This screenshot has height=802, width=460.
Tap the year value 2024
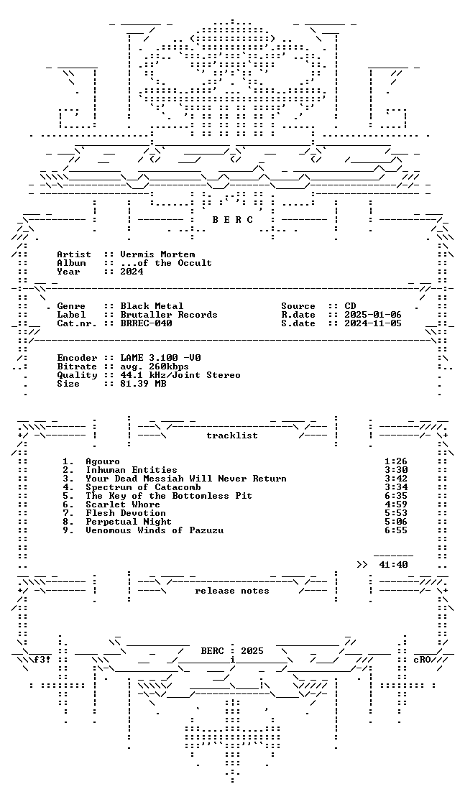(x=132, y=272)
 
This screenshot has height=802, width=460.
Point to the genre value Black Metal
(x=152, y=306)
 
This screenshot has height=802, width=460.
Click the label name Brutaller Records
(x=169, y=315)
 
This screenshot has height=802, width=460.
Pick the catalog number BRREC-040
(x=146, y=323)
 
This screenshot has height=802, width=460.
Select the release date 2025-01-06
(x=373, y=315)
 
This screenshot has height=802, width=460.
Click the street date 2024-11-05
(x=373, y=323)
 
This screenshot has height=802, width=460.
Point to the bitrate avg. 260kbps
(x=155, y=367)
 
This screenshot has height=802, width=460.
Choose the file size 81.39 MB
(x=143, y=384)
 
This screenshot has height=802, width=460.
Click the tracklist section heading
(x=231, y=435)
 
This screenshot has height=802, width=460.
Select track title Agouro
(x=103, y=461)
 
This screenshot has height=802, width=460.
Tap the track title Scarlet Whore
(x=123, y=504)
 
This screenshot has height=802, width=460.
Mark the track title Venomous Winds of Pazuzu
(x=155, y=530)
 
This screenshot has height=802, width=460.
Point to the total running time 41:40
(x=393, y=565)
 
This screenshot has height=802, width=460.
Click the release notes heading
(x=231, y=591)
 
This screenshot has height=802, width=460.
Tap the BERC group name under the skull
(x=232, y=220)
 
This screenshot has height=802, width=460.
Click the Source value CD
(x=350, y=306)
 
